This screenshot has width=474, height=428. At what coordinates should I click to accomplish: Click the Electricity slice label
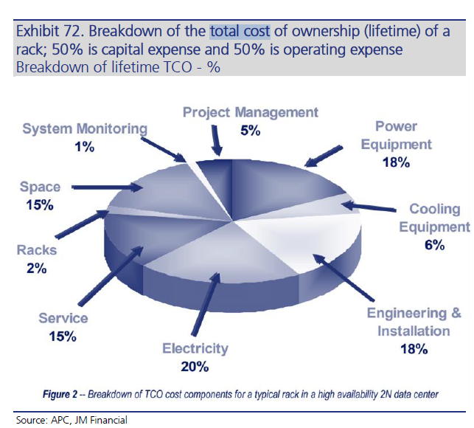[x=195, y=348]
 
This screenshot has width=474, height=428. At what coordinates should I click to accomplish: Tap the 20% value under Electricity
[x=195, y=367]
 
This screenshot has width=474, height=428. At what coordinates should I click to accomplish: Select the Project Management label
[x=251, y=113]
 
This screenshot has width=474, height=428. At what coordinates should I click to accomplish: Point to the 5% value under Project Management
[x=251, y=131]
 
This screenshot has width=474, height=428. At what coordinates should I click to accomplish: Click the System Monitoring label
[x=85, y=129]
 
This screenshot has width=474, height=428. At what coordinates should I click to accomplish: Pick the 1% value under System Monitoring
[x=84, y=147]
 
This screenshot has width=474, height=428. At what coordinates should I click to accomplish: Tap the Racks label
[x=37, y=250]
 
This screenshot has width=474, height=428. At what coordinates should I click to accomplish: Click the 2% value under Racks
[x=37, y=269]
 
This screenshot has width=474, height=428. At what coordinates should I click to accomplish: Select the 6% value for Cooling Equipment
[x=434, y=245]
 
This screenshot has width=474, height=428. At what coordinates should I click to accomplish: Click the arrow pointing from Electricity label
[x=206, y=303]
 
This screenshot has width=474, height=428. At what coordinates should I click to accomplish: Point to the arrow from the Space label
[x=108, y=187]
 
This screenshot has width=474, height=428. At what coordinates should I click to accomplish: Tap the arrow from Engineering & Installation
[x=344, y=277]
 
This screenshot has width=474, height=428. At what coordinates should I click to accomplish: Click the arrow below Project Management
[x=216, y=140]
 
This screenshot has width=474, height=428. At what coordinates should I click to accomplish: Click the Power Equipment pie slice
[x=278, y=187]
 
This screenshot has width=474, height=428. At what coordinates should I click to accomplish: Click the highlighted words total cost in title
[x=240, y=31]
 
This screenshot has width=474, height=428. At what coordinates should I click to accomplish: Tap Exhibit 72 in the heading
[x=49, y=31]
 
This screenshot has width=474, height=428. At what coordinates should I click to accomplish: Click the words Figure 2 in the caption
[x=60, y=394]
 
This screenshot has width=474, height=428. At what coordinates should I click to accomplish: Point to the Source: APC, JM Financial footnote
[x=72, y=420]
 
